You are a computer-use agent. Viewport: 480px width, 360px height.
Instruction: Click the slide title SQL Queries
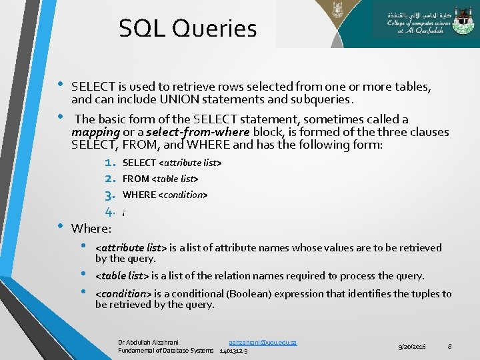point(187,29)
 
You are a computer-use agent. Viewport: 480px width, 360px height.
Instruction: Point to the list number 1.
point(111,163)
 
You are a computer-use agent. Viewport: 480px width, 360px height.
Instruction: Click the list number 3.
point(111,195)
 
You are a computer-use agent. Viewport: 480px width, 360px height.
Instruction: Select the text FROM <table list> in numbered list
point(161,179)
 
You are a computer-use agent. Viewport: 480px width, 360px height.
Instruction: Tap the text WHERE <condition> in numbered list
point(165,195)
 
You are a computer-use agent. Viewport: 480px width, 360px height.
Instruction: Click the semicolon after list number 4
point(124,213)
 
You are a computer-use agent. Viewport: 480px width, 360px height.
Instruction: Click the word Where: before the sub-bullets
point(91,228)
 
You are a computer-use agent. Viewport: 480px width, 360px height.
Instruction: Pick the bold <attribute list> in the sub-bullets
point(131,248)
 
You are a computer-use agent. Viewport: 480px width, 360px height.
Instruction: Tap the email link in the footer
point(263,342)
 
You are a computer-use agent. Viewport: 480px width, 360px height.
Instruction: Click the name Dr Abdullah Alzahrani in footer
point(149,342)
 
